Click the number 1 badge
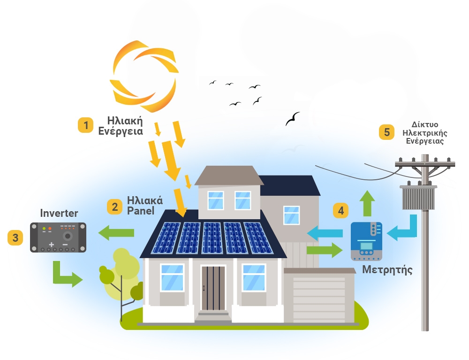(85, 125)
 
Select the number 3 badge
(15, 237)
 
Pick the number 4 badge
(341, 211)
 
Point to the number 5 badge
(387, 132)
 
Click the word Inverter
(59, 213)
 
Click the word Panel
(141, 211)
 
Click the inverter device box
(58, 237)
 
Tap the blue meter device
(366, 241)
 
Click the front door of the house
(213, 287)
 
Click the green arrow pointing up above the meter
(366, 202)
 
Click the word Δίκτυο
(424, 124)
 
